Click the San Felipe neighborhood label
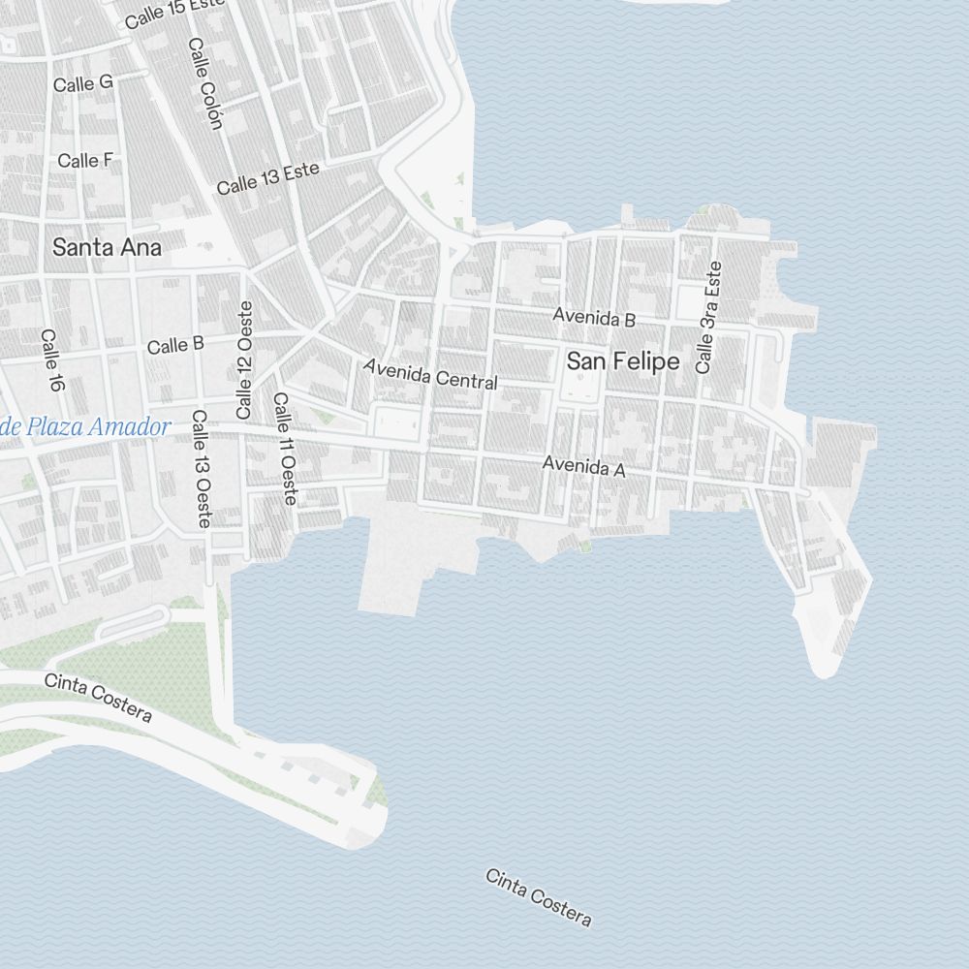point(623,361)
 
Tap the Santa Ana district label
point(107,247)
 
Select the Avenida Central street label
point(430,374)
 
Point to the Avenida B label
point(594,317)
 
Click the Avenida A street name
point(584,467)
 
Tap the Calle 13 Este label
point(267,178)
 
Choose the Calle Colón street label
point(205,83)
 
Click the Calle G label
point(82,84)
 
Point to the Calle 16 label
point(52,360)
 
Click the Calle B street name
point(175,345)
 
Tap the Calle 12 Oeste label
point(244,359)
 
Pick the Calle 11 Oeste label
point(285,449)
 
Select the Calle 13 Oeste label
point(201,469)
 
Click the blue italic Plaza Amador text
point(87,426)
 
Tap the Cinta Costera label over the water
point(538,898)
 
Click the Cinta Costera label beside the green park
point(98,698)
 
